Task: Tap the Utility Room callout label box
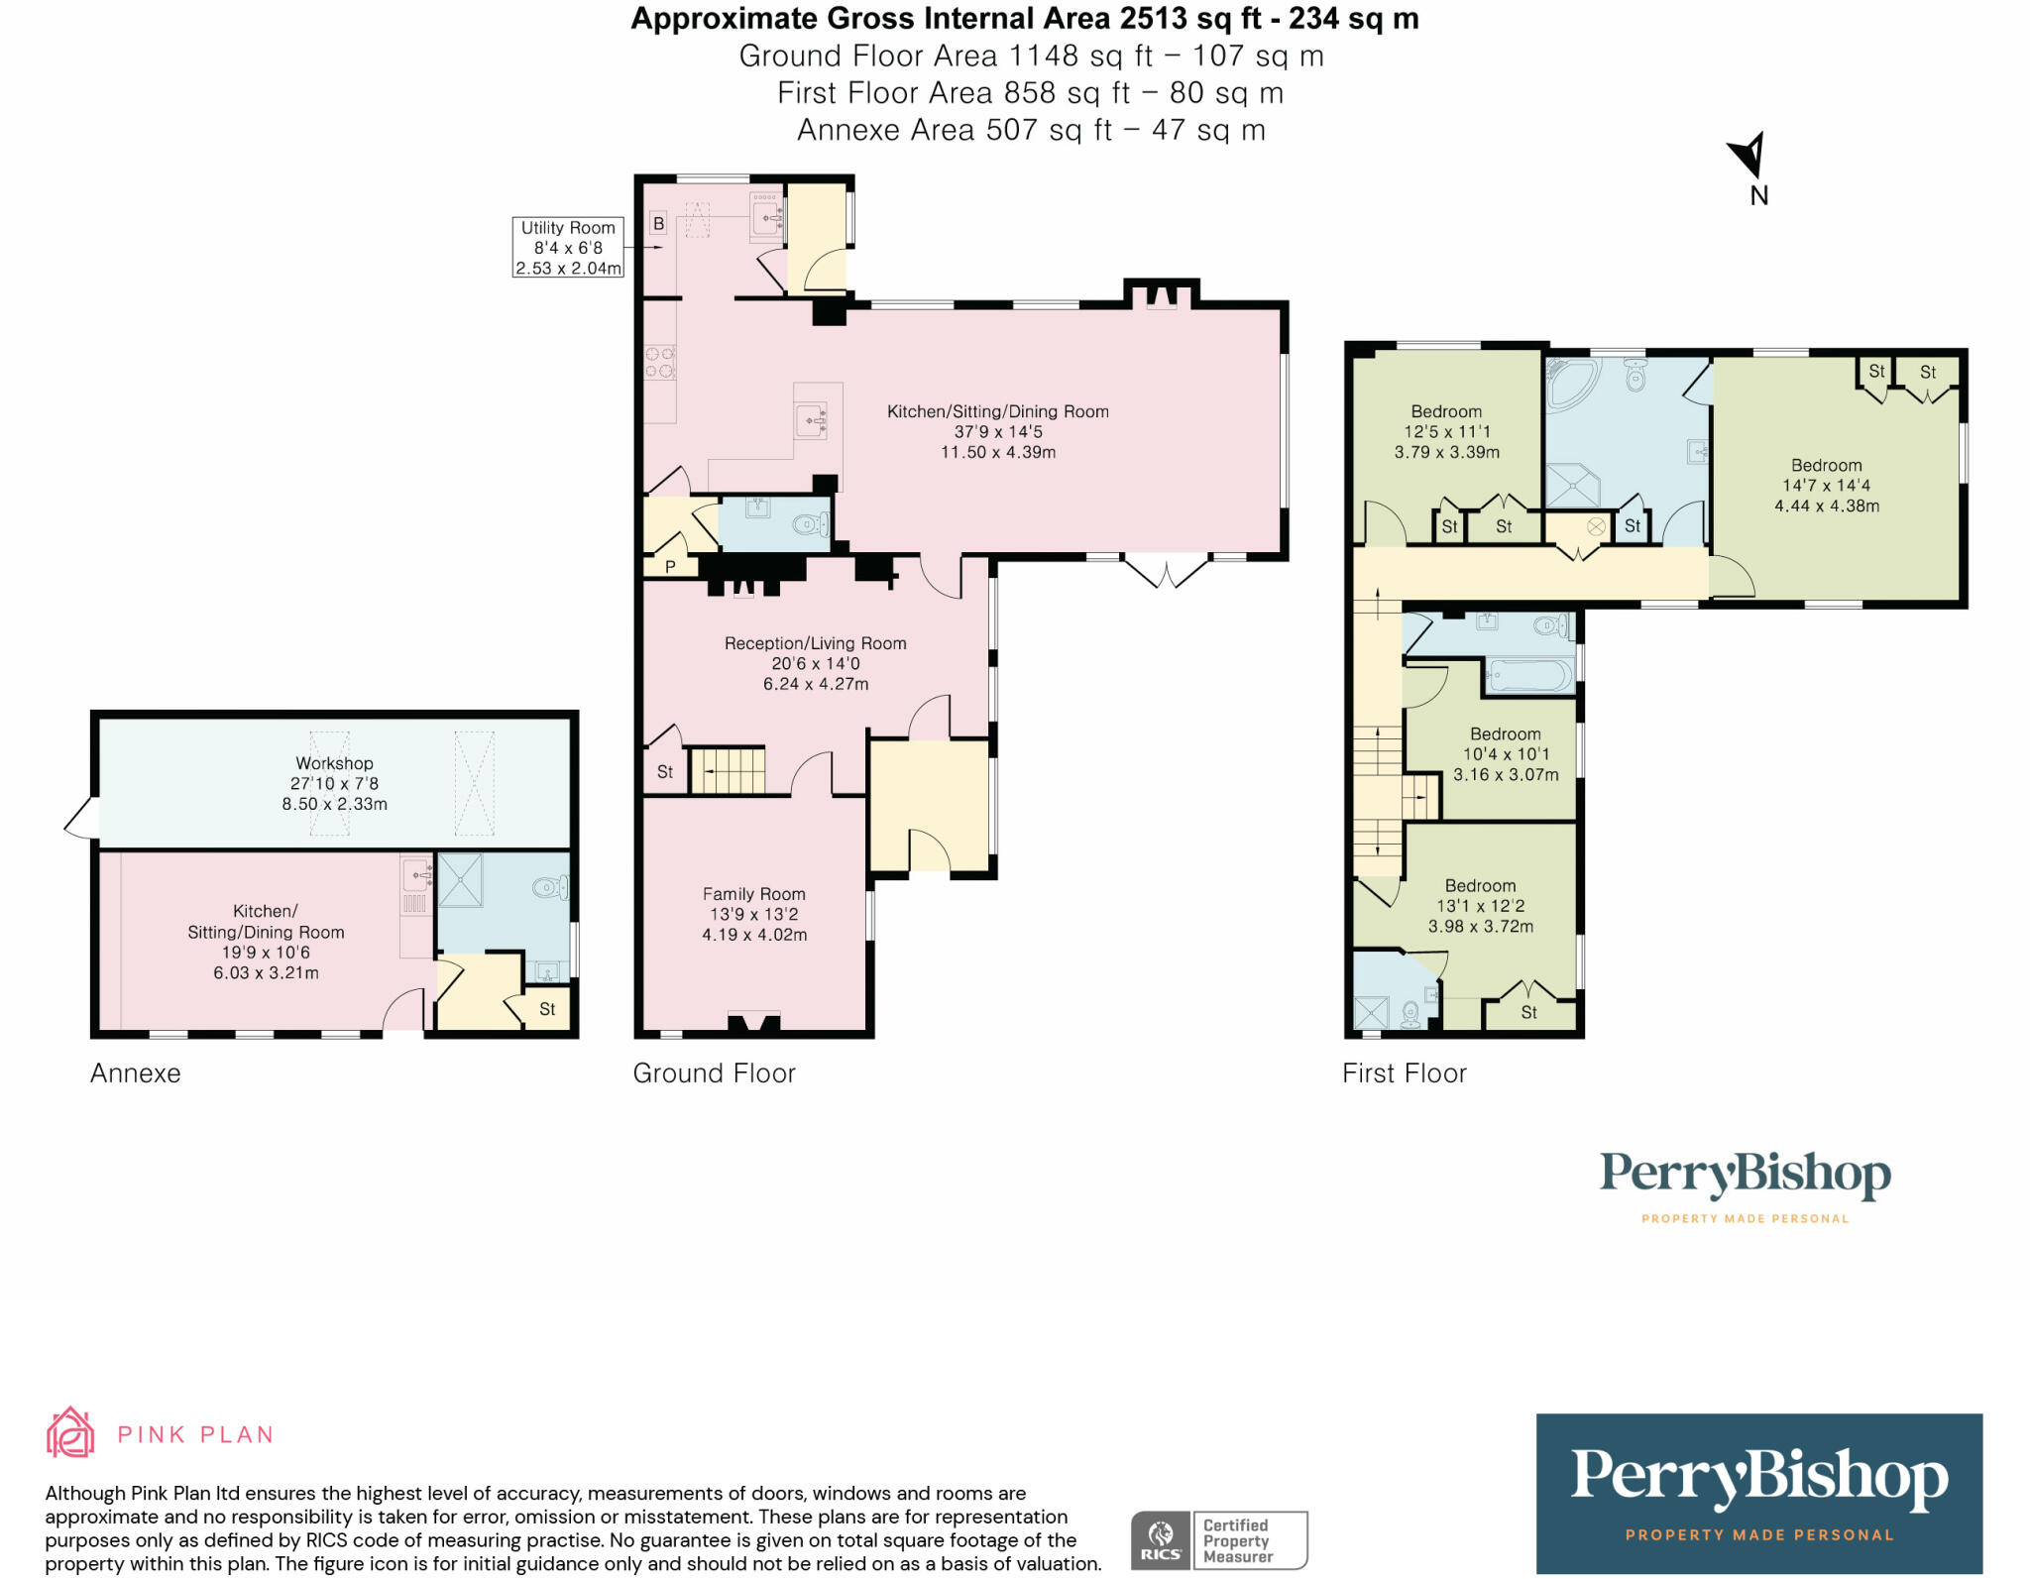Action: (x=568, y=248)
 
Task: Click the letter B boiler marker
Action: (x=658, y=224)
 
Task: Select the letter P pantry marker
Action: (x=670, y=567)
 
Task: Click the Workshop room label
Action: (x=334, y=763)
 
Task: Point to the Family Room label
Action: (x=753, y=894)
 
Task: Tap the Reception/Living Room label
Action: (x=815, y=643)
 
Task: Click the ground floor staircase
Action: (x=729, y=771)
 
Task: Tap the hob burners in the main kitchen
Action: (x=660, y=363)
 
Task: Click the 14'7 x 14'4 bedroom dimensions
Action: (x=1826, y=486)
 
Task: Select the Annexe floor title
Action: (x=136, y=1073)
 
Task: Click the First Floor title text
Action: (x=1404, y=1073)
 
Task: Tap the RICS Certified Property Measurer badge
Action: (x=1219, y=1539)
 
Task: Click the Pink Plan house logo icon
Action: (x=70, y=1433)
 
